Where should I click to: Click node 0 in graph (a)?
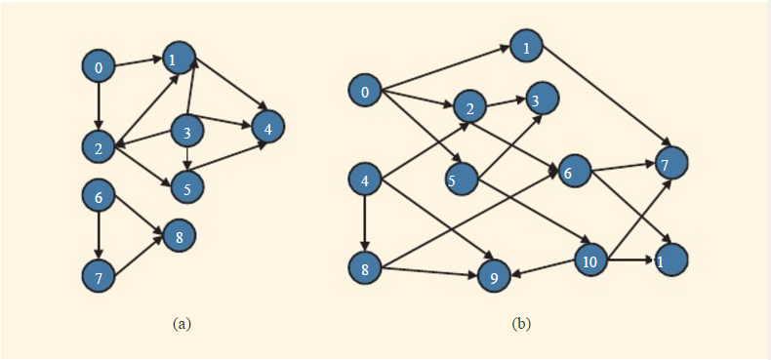[99, 67]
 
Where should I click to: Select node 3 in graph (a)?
[187, 130]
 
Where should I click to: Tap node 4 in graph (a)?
[268, 126]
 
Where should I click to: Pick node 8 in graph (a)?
[180, 235]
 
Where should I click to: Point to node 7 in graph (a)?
[99, 276]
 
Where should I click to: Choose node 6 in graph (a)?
[99, 196]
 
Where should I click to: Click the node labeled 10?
[590, 260]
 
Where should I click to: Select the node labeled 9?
[495, 277]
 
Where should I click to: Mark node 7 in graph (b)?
[665, 164]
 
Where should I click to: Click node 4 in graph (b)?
[365, 180]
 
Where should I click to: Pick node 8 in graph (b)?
[365, 269]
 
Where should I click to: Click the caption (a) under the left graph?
[181, 323]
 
